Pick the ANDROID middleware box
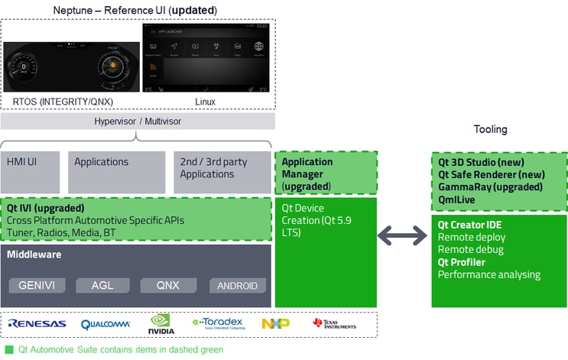[x=238, y=286]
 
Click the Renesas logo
[x=37, y=324]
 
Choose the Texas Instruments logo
[x=334, y=324]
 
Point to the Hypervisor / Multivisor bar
[x=138, y=122]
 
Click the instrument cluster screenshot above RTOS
[x=70, y=67]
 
